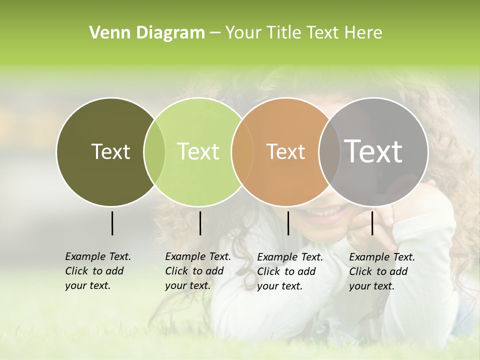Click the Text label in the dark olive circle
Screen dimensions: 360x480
[x=110, y=151]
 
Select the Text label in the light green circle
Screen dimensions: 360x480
[x=198, y=151]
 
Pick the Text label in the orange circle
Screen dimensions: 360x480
[x=285, y=151]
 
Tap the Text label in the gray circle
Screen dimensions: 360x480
[x=373, y=151]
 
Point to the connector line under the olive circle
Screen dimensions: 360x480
[x=112, y=223]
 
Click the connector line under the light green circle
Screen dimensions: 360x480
[x=200, y=223]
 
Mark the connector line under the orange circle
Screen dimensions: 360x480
[x=288, y=223]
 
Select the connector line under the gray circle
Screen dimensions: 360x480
[x=372, y=223]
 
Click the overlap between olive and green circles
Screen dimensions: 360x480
[x=154, y=151]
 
